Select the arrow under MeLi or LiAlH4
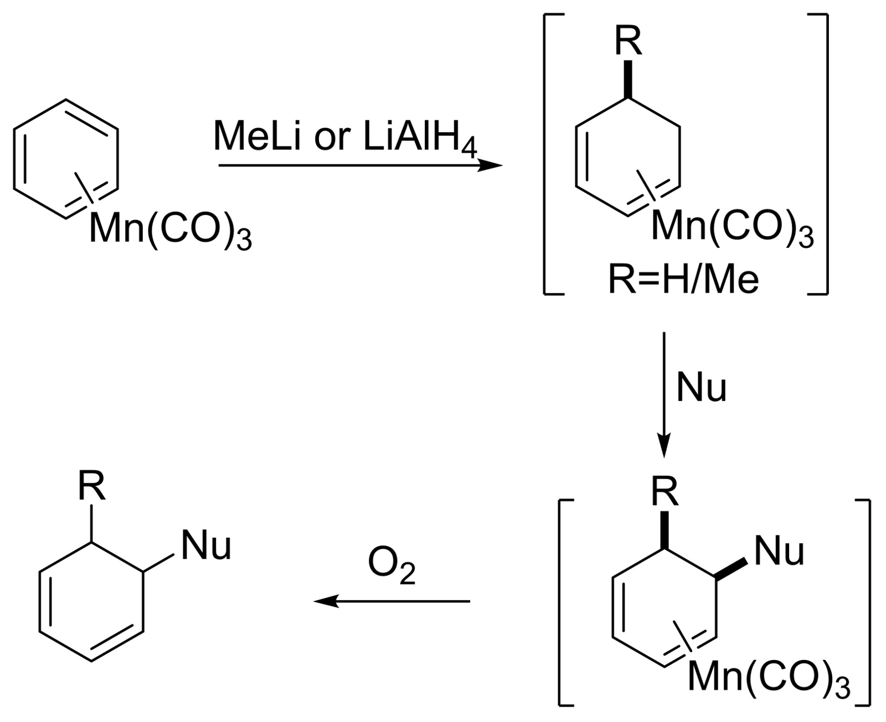[x=360, y=165]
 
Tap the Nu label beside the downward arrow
[x=701, y=388]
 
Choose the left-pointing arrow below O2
[x=392, y=601]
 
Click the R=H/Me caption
[x=683, y=279]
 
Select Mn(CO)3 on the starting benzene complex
[x=171, y=230]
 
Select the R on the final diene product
[x=91, y=487]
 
